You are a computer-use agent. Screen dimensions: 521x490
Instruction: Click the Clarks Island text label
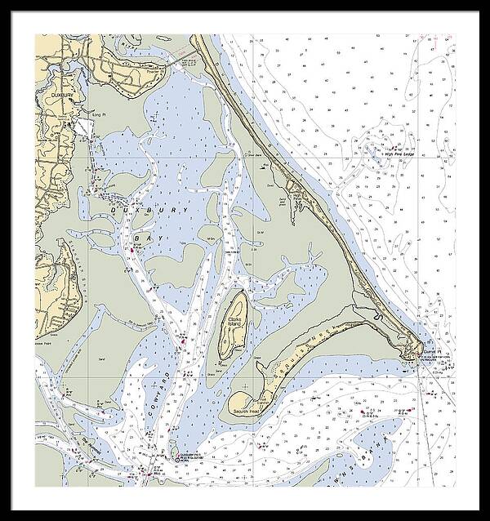[237, 323]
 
